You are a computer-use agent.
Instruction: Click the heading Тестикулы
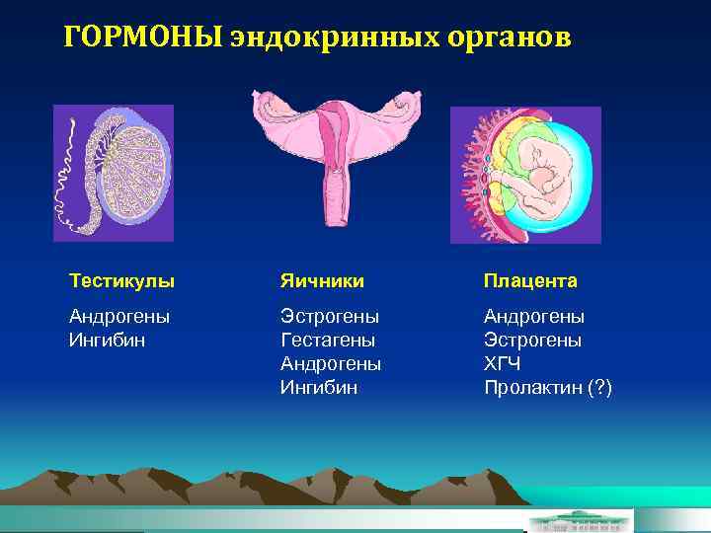coord(121,281)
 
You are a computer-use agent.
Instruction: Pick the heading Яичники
coord(322,281)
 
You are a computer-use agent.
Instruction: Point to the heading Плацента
coord(530,281)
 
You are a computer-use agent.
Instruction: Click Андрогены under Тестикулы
coord(119,317)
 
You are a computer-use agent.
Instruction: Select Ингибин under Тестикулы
coord(107,341)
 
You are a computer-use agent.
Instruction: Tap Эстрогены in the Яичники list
coord(330,317)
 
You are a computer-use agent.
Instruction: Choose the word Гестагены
coord(328,341)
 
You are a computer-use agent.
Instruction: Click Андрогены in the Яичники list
coord(331,364)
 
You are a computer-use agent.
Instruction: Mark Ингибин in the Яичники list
coord(319,388)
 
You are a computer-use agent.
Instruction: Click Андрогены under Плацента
coord(534,317)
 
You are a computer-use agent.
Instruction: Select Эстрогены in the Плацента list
coord(532,341)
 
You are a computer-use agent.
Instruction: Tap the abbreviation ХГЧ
coord(501,364)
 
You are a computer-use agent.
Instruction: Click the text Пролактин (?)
coord(548,388)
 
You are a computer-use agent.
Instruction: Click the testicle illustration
coord(113,173)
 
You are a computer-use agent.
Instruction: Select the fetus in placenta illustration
coord(525,175)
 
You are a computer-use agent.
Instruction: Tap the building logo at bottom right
coord(581,520)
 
